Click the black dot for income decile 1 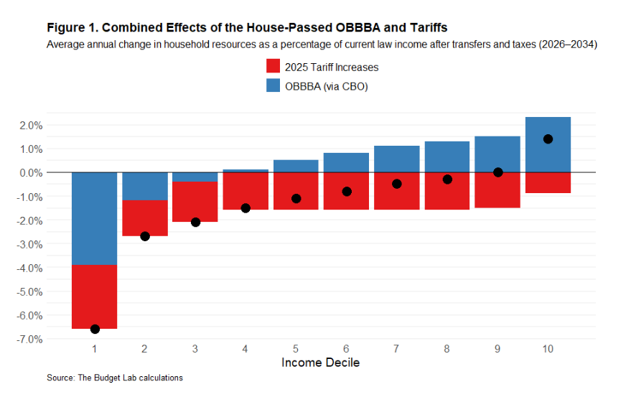click(95, 329)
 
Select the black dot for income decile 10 click(548, 139)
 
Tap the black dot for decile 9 click(497, 172)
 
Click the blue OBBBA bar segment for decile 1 click(95, 219)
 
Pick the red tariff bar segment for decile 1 click(95, 296)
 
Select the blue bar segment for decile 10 click(548, 144)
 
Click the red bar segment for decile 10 click(548, 182)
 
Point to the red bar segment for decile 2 click(145, 218)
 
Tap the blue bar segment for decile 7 click(396, 159)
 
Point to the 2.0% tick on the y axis click(29, 126)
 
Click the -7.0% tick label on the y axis click(28, 339)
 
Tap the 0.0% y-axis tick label click(29, 173)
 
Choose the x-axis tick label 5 click(296, 350)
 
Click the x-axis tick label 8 click(447, 350)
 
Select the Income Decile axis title click(320, 363)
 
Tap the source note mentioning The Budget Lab click(115, 378)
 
